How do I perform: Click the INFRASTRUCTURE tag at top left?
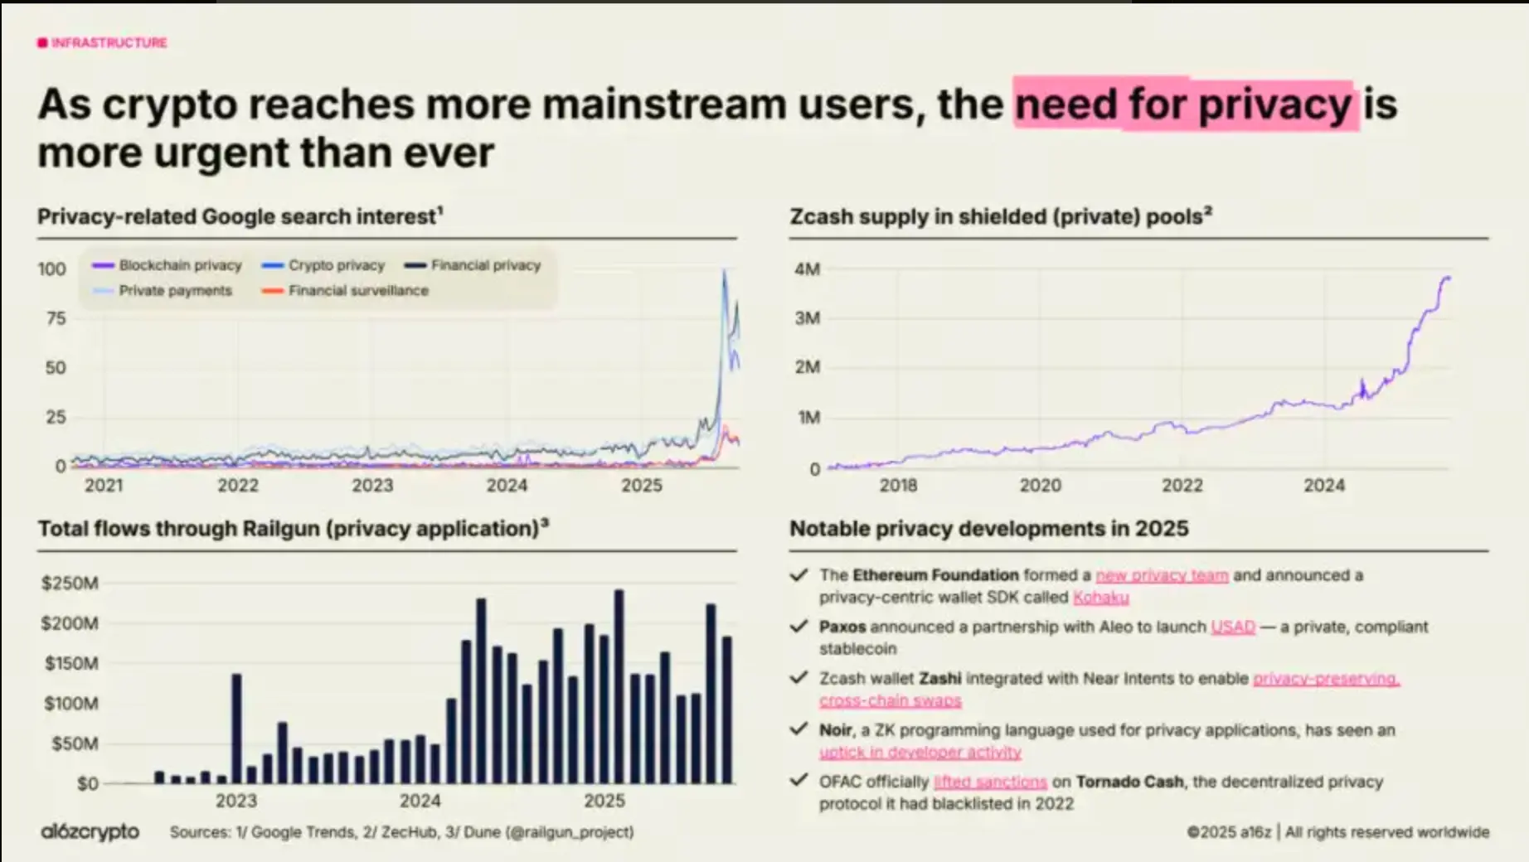(x=108, y=42)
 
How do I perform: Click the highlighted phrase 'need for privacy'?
(x=1184, y=105)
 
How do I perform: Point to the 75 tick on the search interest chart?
(x=56, y=318)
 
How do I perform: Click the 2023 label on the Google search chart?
(x=372, y=486)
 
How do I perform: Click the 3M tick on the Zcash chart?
(x=807, y=318)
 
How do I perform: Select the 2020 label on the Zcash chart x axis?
(x=1040, y=486)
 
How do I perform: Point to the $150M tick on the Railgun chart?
(x=70, y=663)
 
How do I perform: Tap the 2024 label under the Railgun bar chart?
(x=420, y=801)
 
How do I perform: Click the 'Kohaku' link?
(x=1100, y=598)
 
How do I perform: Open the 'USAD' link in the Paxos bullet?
(x=1233, y=627)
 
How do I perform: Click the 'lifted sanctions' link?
(x=990, y=782)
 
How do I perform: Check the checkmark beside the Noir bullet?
(x=798, y=729)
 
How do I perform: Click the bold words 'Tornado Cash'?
(x=1129, y=782)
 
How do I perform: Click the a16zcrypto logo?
(x=90, y=831)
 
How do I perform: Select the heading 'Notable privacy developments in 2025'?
(x=988, y=529)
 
